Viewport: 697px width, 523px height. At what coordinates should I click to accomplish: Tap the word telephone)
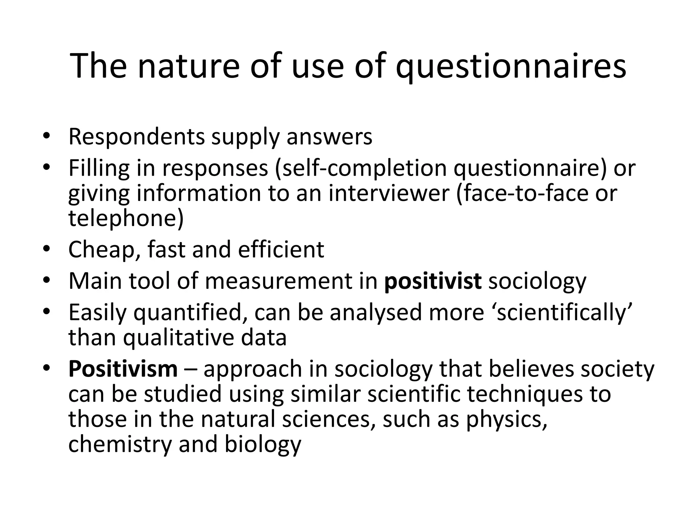126,218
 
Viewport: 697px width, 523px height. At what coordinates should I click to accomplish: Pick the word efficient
281,250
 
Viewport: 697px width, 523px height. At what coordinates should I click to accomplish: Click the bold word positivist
433,281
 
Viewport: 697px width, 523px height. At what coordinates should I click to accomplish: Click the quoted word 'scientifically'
561,313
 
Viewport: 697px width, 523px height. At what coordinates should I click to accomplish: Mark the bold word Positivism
123,369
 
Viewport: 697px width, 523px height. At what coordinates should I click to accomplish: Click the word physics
507,420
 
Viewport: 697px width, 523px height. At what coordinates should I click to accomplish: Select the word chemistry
119,445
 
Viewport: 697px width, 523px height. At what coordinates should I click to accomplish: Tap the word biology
263,445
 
